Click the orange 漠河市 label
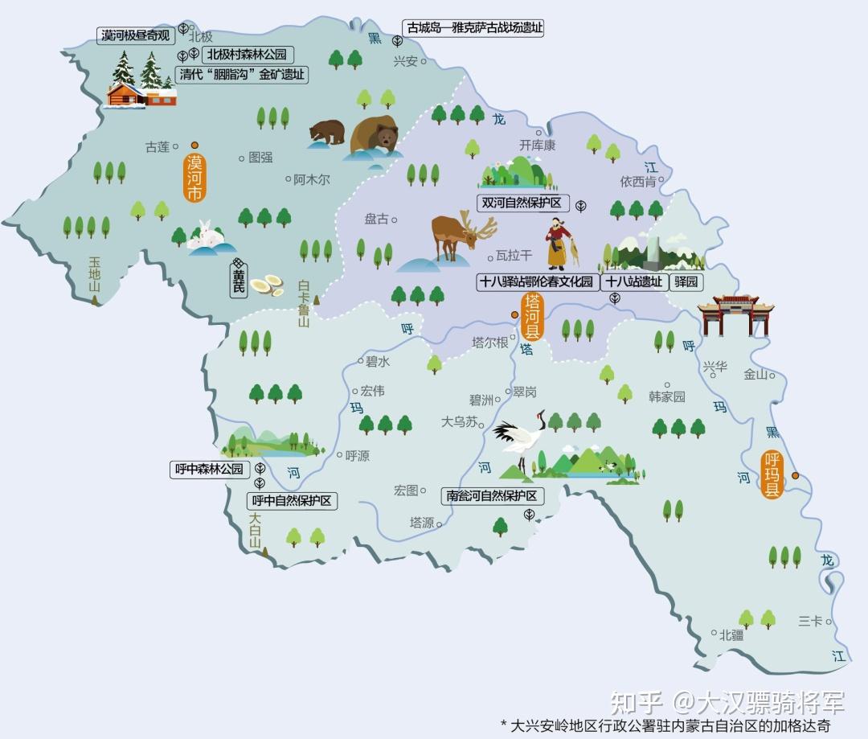point(195,177)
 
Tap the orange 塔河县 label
point(532,317)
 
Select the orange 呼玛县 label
point(772,474)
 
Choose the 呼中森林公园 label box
point(209,470)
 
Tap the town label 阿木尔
point(311,180)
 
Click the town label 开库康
point(537,146)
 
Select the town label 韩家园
point(667,396)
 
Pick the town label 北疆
point(731,634)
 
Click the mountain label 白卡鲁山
point(304,303)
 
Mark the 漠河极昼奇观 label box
point(136,35)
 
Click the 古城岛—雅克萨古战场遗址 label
point(474,27)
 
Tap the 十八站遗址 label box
point(634,281)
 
